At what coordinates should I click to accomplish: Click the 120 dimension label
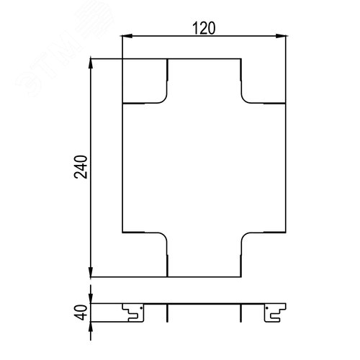pyautogui.click(x=204, y=28)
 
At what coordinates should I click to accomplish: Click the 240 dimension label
pyautogui.click(x=81, y=167)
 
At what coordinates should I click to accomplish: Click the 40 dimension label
pyautogui.click(x=81, y=312)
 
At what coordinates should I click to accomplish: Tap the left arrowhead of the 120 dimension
pyautogui.click(x=127, y=36)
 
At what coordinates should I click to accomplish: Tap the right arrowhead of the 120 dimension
pyautogui.click(x=281, y=36)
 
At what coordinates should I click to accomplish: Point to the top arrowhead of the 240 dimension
pyautogui.click(x=91, y=63)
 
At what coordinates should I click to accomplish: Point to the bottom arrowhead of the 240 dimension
pyautogui.click(x=91, y=271)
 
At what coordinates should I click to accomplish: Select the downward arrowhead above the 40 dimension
pyautogui.click(x=91, y=298)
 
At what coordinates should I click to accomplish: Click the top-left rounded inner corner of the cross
pyautogui.click(x=164, y=101)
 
